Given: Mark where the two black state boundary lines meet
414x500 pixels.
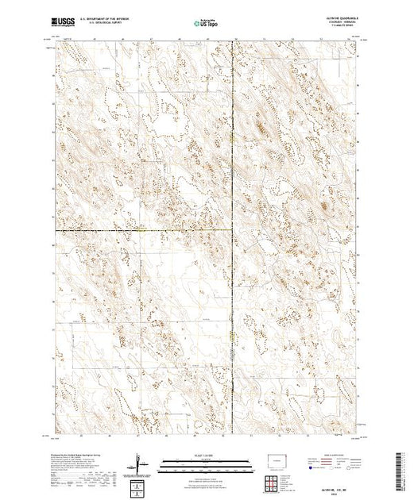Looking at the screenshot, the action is point(232,231).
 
